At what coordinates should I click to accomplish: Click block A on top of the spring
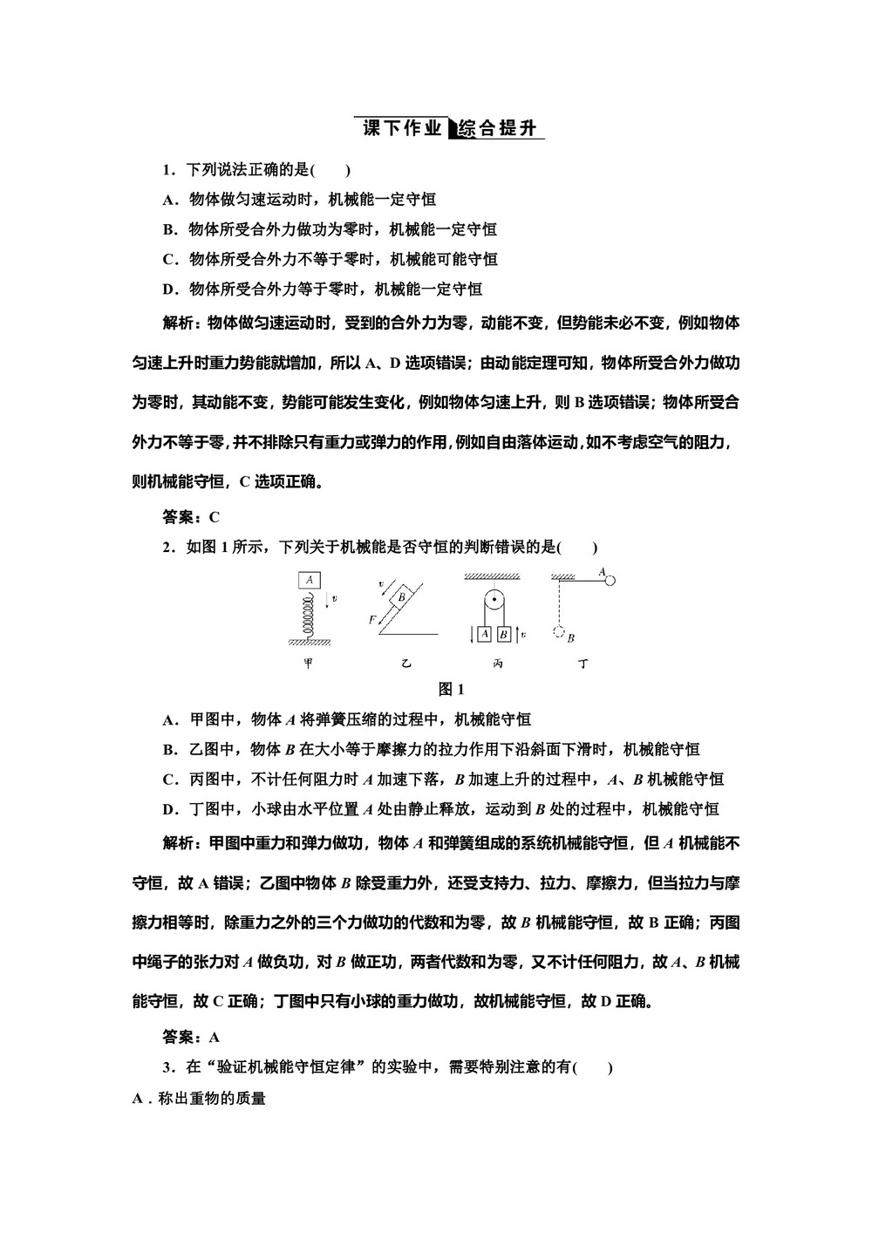tap(310, 579)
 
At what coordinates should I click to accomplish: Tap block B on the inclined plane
tap(402, 597)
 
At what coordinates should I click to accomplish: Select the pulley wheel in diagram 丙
tap(494, 601)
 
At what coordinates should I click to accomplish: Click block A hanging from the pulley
tap(485, 634)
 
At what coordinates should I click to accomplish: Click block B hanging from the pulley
tap(503, 634)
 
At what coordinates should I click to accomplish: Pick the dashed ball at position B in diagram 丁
tap(558, 632)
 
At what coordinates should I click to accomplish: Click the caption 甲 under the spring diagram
tap(308, 664)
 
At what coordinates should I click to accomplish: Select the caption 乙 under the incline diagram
tap(405, 664)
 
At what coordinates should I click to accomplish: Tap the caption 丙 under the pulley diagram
tap(497, 664)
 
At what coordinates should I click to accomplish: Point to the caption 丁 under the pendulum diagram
tap(582, 664)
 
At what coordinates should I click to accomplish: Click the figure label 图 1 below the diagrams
tap(450, 689)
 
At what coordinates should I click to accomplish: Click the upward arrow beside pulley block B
tap(515, 633)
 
